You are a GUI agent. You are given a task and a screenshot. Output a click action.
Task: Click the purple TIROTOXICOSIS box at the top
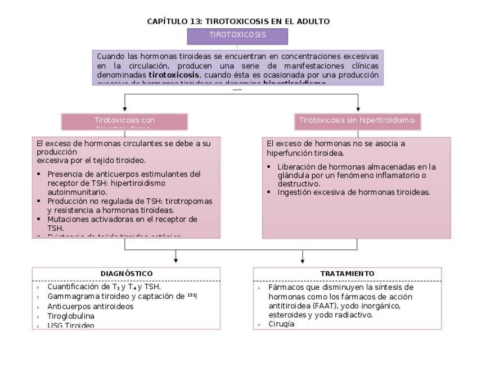[237, 35]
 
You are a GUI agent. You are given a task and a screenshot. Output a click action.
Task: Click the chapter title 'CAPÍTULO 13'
[174, 21]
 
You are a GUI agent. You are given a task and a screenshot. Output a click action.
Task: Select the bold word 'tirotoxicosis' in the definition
[174, 74]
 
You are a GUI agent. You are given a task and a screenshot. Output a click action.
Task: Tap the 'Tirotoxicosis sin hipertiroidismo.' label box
[357, 120]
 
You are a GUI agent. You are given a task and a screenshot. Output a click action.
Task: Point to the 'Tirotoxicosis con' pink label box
[124, 121]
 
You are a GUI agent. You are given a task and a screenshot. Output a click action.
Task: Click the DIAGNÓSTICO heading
[127, 274]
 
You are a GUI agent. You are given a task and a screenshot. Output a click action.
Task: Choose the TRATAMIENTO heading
[347, 274]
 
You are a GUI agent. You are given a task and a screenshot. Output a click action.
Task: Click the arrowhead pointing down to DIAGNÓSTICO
[176, 260]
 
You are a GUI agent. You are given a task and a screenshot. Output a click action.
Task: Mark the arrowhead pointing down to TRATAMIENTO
[303, 260]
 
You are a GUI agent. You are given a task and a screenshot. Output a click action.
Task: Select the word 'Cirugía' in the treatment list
[281, 324]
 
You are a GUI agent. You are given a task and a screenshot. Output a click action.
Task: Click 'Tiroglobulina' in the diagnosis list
[71, 316]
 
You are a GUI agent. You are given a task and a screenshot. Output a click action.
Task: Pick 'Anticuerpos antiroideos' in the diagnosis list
[91, 307]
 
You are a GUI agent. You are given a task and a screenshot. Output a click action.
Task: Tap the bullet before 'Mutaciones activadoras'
[39, 219]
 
